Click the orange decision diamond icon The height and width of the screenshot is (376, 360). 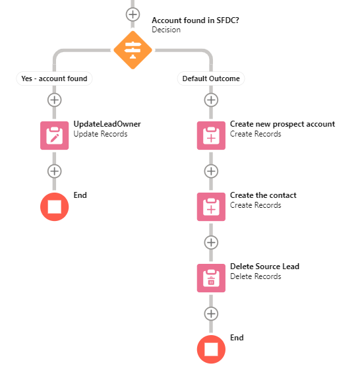(133, 49)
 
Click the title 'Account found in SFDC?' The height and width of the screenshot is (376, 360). (195, 20)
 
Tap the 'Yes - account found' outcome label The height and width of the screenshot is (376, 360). (54, 78)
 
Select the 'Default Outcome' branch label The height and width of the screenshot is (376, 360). (212, 78)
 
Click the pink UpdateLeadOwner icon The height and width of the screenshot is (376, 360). (54, 135)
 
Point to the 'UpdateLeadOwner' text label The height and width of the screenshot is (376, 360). (107, 124)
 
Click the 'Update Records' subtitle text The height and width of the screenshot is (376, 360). (100, 134)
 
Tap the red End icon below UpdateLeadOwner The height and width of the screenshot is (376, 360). (54, 206)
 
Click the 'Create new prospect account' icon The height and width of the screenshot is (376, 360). (211, 135)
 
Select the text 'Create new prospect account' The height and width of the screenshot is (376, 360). (282, 124)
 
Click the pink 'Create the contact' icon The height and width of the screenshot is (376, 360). (211, 206)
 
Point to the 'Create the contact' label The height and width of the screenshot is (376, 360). (263, 195)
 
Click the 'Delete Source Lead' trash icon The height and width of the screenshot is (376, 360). (211, 278)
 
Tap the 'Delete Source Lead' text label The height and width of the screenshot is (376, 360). (264, 266)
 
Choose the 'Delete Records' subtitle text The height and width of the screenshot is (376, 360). (255, 276)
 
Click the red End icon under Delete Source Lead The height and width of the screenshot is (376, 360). (211, 349)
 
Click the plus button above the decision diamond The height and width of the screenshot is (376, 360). (133, 14)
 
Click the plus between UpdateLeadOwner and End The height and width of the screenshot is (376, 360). (54, 171)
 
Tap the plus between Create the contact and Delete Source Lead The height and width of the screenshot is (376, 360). (211, 242)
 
